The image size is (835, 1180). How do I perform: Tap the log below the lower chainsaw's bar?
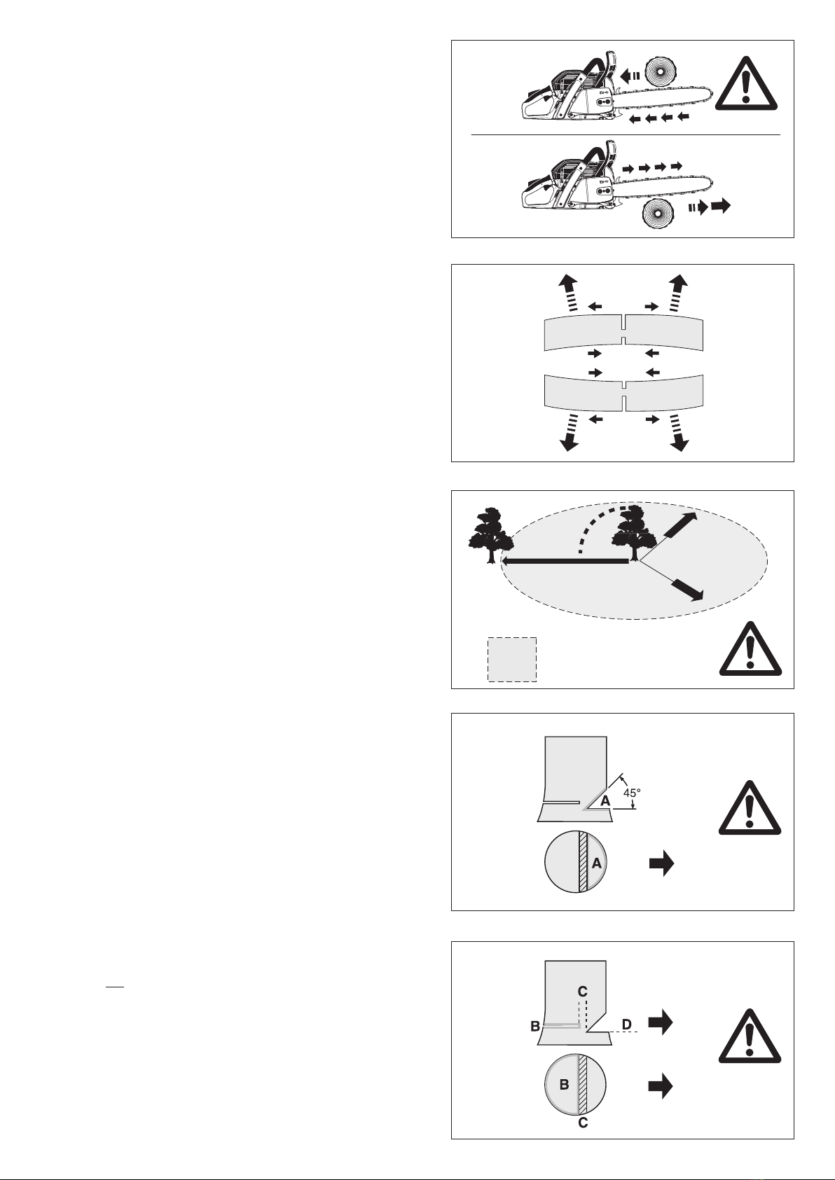click(x=658, y=215)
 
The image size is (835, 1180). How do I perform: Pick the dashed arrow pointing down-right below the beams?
click(x=679, y=433)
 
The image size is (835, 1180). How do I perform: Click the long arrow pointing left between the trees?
click(x=565, y=562)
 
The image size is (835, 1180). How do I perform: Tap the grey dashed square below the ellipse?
click(x=512, y=660)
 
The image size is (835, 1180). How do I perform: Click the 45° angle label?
click(x=632, y=792)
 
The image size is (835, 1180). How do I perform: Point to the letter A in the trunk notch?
click(x=605, y=800)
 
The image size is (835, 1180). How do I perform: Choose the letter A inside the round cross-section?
click(x=596, y=863)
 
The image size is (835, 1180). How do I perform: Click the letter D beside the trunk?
click(x=626, y=1024)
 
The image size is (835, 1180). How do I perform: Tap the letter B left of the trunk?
click(x=534, y=1026)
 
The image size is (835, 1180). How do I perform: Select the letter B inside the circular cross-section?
click(x=564, y=1085)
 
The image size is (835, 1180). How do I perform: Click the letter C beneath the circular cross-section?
click(x=583, y=1123)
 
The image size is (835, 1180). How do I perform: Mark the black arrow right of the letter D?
click(x=661, y=1022)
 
